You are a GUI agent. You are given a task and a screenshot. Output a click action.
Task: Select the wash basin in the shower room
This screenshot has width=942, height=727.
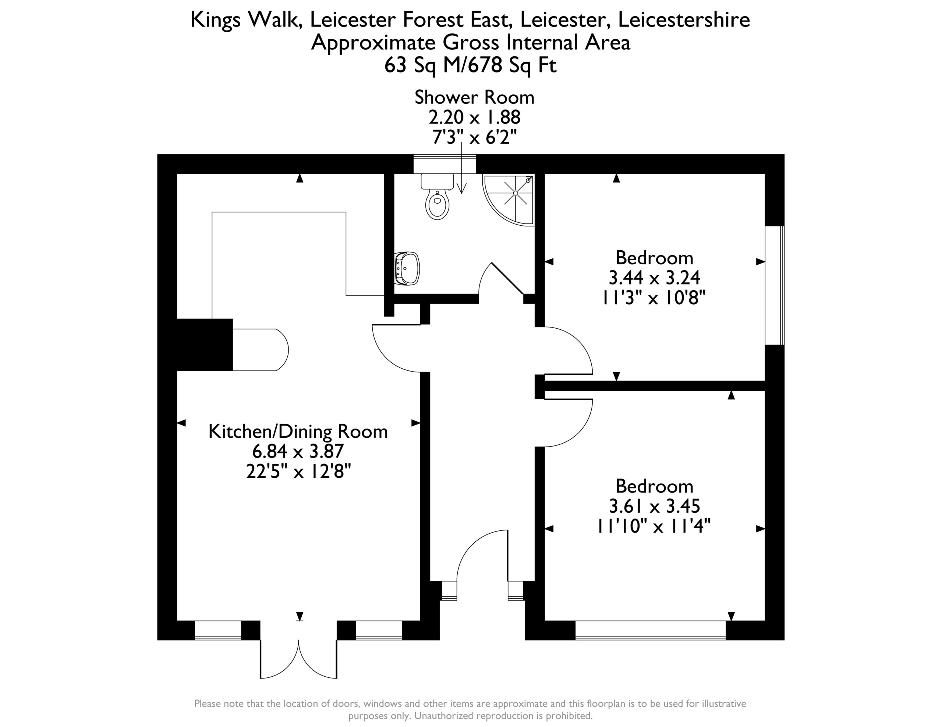[x=407, y=268]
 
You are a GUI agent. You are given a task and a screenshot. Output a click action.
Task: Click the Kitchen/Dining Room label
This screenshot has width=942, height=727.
[x=298, y=431]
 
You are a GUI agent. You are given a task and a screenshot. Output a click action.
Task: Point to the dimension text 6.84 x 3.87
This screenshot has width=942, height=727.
[x=298, y=451]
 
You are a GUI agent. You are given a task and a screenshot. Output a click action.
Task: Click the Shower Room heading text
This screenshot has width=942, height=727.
[x=474, y=97]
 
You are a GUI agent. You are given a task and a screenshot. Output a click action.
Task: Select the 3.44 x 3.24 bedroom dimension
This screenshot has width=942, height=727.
[x=654, y=277]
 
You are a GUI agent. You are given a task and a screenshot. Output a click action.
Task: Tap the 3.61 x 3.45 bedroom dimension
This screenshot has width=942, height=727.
[x=654, y=506]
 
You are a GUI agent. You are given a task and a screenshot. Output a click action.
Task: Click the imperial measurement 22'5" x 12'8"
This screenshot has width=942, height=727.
[x=298, y=472]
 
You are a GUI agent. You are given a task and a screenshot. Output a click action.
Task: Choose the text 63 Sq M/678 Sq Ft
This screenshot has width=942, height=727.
[x=471, y=65]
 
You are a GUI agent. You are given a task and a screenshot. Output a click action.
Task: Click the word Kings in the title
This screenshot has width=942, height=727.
[x=215, y=20]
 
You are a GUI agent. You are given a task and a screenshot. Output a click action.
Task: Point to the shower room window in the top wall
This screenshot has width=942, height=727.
[x=445, y=164]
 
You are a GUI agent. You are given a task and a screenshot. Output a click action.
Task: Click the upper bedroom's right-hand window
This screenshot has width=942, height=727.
[x=775, y=285]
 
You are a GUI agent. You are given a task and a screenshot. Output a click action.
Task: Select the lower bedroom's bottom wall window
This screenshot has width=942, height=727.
[x=651, y=630]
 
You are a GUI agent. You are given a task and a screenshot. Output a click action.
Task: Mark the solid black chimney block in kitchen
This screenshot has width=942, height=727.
[x=205, y=344]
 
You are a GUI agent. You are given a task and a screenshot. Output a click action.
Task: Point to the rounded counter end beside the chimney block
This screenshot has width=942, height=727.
[x=261, y=350]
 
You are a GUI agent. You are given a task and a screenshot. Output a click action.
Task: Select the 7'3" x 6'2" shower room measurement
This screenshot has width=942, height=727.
[x=474, y=137]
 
